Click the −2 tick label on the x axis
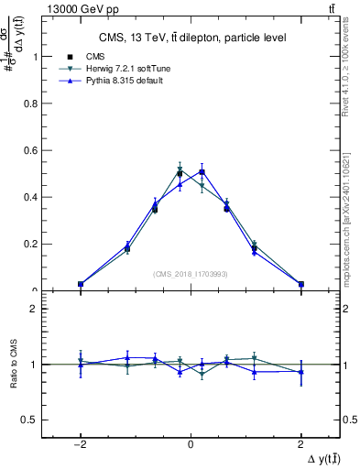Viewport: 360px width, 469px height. [81, 444]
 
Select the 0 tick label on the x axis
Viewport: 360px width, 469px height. [191, 444]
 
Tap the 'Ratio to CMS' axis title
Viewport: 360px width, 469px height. [12, 365]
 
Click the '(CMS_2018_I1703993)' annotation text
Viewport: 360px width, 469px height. [191, 274]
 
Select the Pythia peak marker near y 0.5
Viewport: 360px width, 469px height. [202, 171]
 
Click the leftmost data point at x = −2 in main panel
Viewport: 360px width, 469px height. [81, 284]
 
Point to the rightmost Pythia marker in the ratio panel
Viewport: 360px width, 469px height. [300, 372]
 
